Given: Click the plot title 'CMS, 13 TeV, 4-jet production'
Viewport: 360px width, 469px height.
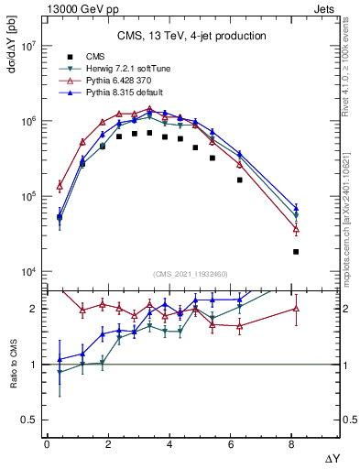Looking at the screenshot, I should tap(191, 37).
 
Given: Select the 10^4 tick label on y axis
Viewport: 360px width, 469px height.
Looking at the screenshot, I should tap(26, 272).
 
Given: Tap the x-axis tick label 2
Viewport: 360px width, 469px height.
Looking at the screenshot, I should tap(109, 444).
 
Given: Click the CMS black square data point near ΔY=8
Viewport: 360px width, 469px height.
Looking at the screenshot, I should tap(296, 251).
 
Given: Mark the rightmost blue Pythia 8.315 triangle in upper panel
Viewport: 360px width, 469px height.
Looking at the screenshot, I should tap(296, 208).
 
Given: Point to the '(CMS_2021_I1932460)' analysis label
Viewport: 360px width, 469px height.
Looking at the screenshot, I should tap(191, 273).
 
